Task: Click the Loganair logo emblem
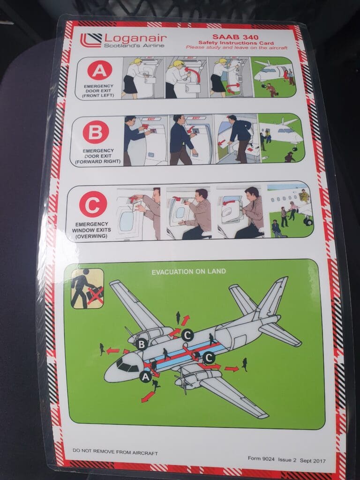click(91, 40)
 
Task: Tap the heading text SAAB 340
click(235, 37)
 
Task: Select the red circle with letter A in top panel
click(99, 70)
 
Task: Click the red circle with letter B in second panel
click(96, 132)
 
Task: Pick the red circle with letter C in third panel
click(93, 204)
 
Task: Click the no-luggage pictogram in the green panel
click(87, 288)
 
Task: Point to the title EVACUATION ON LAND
click(188, 271)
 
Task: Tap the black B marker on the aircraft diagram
click(142, 345)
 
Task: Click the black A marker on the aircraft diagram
click(146, 377)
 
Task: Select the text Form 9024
click(261, 458)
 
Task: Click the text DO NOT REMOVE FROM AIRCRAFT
click(115, 452)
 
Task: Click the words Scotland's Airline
click(134, 45)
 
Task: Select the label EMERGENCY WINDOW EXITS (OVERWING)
click(91, 230)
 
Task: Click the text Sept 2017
click(313, 461)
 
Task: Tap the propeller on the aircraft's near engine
click(183, 381)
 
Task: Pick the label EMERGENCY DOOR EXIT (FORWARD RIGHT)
click(98, 156)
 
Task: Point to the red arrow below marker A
click(148, 397)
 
